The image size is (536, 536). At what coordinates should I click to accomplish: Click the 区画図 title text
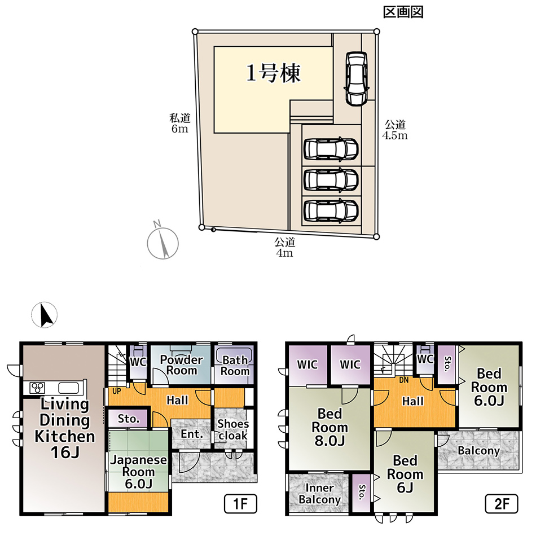coord(403,12)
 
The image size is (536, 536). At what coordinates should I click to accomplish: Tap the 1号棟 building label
coord(273,73)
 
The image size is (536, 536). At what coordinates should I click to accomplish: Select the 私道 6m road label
coord(180,123)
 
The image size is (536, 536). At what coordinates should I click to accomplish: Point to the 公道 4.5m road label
coord(395,130)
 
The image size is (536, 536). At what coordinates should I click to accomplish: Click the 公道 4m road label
coord(284,247)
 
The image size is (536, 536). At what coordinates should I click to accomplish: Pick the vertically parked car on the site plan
coord(356,78)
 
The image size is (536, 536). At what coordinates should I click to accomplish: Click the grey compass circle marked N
coord(162,243)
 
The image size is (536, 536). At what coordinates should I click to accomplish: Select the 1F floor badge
coord(240,503)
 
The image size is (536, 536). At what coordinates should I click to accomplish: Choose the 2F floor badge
coord(502,503)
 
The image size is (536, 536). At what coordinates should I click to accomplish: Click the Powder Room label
coord(182,364)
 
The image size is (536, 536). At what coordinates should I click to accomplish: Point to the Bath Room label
coord(235,366)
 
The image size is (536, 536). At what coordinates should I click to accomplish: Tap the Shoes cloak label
coord(233,429)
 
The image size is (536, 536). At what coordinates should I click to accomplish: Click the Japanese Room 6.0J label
coord(138,472)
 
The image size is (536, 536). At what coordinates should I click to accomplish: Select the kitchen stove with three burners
coord(37,388)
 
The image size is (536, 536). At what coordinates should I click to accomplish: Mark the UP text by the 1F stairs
coord(117,391)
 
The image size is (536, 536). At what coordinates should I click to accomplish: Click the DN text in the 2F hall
coord(404,380)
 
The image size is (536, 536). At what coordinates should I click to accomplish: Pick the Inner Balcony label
coord(319,494)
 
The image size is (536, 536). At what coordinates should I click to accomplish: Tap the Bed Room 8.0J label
coord(330,427)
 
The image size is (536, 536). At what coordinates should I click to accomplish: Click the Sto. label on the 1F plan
coord(129,419)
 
